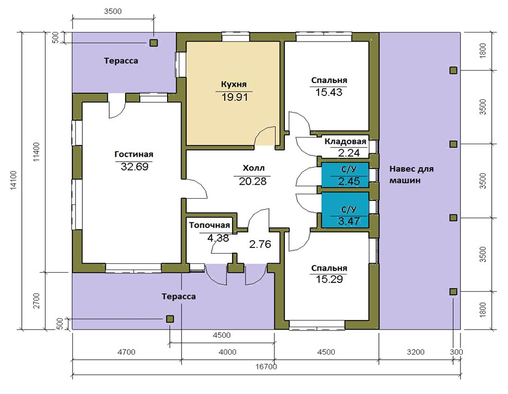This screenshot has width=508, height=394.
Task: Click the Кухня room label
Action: (234, 84)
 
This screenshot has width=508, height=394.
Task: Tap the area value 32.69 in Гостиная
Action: (135, 167)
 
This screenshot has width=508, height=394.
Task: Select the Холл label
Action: (253, 168)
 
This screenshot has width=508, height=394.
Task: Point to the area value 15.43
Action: (329, 93)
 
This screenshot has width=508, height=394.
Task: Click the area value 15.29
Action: (329, 279)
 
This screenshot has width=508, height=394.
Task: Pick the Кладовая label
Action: (345, 141)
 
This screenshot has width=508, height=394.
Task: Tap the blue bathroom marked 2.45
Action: (345, 175)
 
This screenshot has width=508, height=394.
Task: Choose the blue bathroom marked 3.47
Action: (345, 210)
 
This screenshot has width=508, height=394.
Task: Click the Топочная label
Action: (210, 225)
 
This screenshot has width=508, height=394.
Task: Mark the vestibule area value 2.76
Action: (260, 244)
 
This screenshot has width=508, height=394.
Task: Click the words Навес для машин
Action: (411, 175)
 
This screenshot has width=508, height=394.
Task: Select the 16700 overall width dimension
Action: (266, 366)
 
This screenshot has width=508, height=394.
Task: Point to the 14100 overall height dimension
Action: (13, 180)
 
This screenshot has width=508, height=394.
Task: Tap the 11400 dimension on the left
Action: (36, 152)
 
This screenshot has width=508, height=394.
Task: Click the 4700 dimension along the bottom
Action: (126, 352)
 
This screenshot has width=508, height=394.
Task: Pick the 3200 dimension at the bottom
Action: (415, 352)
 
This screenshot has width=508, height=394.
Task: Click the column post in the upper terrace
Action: (154, 43)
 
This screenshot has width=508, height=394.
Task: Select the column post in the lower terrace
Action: (170, 319)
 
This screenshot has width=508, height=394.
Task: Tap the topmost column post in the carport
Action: (453, 70)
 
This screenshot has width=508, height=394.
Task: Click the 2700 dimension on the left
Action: (36, 301)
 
